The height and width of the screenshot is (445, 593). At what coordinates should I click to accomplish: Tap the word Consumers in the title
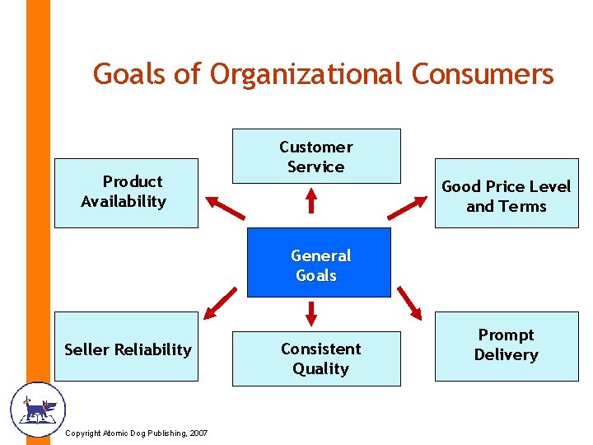(483, 74)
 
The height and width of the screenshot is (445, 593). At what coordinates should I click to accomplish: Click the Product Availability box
(126, 192)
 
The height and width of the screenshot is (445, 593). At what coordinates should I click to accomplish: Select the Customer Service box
(316, 156)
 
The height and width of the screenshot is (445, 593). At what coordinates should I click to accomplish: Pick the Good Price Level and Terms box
(506, 196)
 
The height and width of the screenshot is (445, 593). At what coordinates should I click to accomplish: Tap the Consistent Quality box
(316, 358)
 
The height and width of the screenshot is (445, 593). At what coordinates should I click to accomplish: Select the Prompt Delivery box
(506, 345)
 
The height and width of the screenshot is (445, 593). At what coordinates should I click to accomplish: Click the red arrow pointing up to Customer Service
(311, 201)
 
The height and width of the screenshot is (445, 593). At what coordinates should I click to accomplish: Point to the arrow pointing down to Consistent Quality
(311, 312)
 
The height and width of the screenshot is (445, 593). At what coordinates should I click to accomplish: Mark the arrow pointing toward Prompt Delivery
(408, 300)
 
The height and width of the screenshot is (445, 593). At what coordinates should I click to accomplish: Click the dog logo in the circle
(37, 409)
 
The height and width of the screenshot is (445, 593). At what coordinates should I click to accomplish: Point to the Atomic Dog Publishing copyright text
(136, 433)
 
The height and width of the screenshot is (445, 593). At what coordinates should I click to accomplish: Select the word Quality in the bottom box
(320, 368)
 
